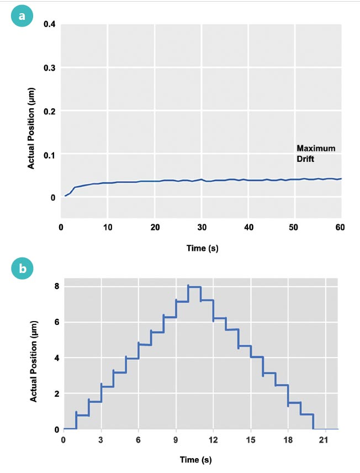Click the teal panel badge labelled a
pos(22,16)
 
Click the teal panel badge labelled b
pos(22,270)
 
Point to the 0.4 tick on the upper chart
pos(49,24)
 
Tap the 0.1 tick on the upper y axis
pos(49,154)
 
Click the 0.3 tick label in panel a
pos(49,68)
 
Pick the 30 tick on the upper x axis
pos(202,227)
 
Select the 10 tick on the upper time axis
pos(108,227)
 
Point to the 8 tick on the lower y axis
pos(56,286)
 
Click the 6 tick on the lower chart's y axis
pos(56,322)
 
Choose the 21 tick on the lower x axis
pos(326,439)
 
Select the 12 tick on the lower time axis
pos(213,439)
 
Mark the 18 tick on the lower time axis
pos(288,439)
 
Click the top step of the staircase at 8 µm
pos(194,287)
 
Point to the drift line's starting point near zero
pos(65,196)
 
